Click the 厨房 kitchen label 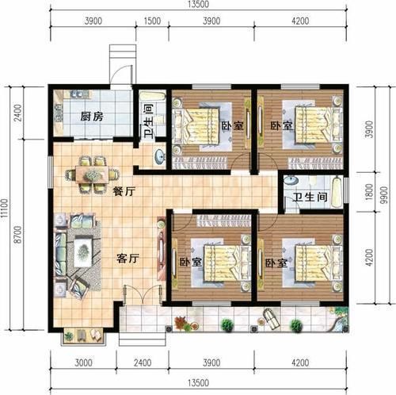88,117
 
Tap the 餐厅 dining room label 123,190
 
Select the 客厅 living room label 128,258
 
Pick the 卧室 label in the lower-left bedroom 187,262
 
